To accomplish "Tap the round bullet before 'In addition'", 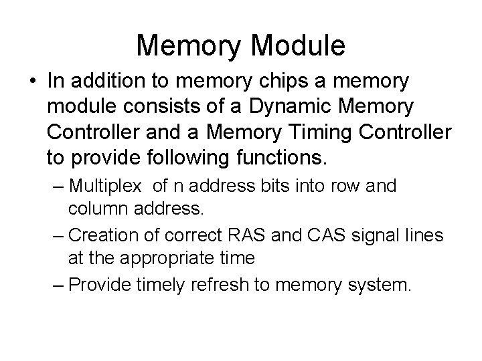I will pyautogui.click(x=31, y=82).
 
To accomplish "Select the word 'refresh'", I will pyautogui.click(x=216, y=285).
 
